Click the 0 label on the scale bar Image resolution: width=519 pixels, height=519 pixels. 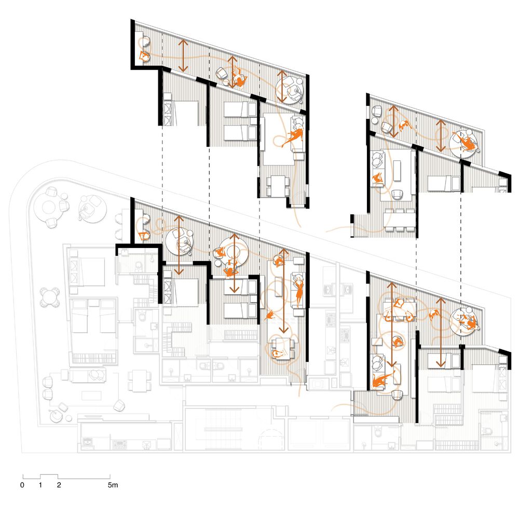[x=22, y=485]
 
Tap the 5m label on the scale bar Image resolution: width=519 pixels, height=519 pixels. [x=113, y=485]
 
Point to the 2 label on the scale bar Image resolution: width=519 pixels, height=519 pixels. [x=59, y=485]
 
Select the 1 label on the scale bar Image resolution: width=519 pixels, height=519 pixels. [x=40, y=485]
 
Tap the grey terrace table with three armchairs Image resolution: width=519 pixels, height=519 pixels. [x=50, y=206]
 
